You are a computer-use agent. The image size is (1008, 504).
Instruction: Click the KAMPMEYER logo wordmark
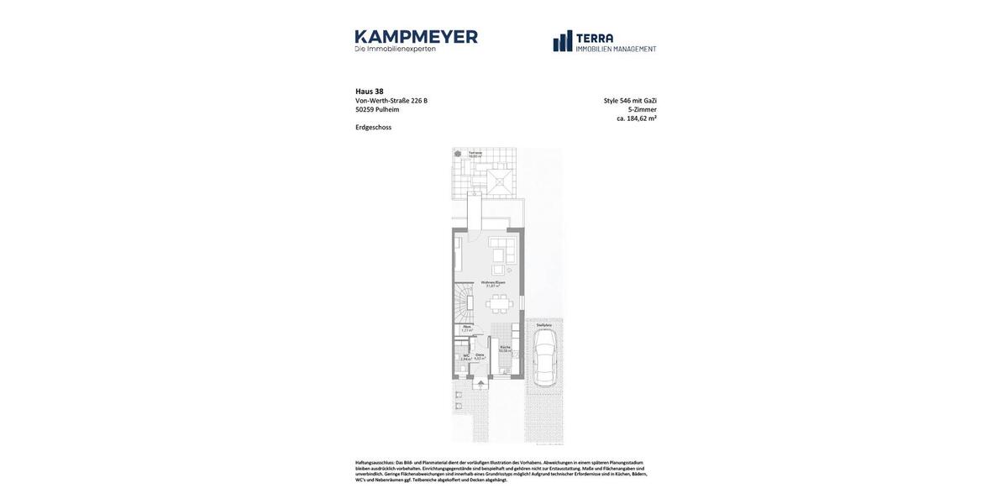pos(416,37)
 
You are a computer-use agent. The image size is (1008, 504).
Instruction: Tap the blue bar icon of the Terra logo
pos(563,41)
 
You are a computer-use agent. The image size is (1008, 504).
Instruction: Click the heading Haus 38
pos(370,92)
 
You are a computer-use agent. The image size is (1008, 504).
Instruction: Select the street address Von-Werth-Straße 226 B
pos(391,101)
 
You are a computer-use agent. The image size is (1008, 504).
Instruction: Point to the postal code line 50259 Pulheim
pos(377,109)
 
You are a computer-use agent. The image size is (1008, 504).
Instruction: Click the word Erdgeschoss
pos(373,128)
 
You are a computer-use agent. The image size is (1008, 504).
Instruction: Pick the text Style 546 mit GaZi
pos(630,101)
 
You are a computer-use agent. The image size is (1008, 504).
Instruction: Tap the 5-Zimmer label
pos(642,109)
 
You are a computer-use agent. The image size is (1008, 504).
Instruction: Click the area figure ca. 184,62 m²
pos(636,118)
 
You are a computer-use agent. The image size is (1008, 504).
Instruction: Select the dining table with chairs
pos(499,303)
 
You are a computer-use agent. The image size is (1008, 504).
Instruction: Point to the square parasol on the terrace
pos(499,179)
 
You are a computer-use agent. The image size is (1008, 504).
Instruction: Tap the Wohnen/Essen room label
pos(493,283)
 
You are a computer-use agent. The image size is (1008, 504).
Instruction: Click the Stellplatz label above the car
pos(544,325)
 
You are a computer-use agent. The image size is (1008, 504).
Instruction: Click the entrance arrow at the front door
pos(480,384)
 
